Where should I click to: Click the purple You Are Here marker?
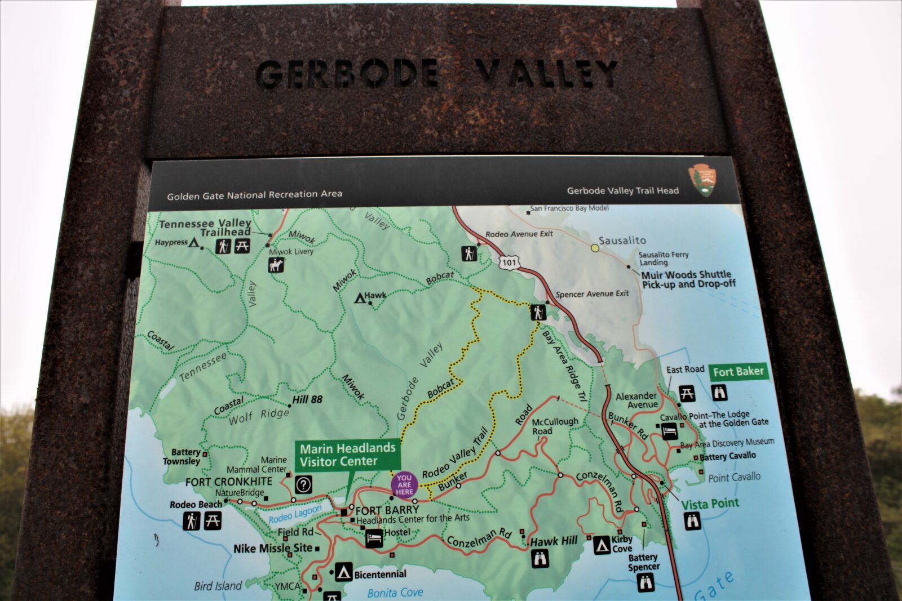pos(404,485)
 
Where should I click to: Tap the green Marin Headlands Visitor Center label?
pos(347,455)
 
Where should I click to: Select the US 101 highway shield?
pos(509,262)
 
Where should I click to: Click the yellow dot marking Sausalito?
pos(595,247)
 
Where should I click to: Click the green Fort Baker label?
pos(738,372)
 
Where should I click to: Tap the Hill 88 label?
pos(307,399)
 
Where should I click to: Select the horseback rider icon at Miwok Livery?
pos(276,265)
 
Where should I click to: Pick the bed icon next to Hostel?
pos(374,538)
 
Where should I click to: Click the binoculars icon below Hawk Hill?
pos(540,559)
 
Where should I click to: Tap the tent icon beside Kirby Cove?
pos(602,545)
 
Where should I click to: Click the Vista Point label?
pos(710,504)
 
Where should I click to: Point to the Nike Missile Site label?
pos(273,548)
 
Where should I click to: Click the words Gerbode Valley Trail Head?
pos(622,190)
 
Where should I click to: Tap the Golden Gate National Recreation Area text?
pos(254,195)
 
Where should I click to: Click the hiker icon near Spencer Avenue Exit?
pos(538,311)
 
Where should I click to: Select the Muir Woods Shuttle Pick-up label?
pos(688,279)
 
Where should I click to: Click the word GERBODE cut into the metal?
pos(347,74)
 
